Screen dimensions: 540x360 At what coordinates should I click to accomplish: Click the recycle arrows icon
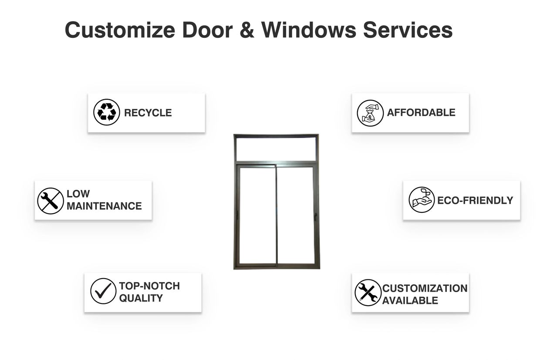click(x=107, y=112)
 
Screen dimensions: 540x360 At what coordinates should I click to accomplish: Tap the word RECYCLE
click(x=148, y=113)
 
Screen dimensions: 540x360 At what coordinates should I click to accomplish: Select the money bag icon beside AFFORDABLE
click(x=370, y=113)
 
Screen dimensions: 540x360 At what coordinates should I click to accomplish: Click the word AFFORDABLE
click(x=421, y=113)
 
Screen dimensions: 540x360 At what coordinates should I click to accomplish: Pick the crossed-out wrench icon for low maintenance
click(x=51, y=201)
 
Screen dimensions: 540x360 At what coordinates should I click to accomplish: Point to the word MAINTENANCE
click(x=104, y=206)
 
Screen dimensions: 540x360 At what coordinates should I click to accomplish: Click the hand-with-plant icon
click(x=422, y=200)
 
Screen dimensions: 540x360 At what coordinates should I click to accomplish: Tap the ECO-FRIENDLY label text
click(x=475, y=201)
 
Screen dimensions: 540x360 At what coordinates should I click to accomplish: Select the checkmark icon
click(x=103, y=291)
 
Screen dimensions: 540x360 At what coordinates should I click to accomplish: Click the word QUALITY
click(x=141, y=298)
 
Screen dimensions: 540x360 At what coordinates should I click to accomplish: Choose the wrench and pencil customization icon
click(x=368, y=293)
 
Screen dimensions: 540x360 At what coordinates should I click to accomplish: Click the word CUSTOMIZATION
click(x=425, y=288)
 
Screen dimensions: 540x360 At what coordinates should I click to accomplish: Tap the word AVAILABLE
click(x=410, y=300)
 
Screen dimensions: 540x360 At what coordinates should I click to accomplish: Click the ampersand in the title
click(x=247, y=30)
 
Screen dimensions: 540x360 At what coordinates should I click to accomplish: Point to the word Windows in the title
click(x=309, y=30)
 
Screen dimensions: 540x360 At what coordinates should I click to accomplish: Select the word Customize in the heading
click(x=120, y=30)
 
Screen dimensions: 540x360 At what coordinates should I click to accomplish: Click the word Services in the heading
click(x=408, y=30)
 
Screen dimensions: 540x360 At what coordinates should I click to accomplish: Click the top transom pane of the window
click(x=276, y=149)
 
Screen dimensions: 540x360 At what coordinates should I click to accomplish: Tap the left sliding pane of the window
click(x=257, y=215)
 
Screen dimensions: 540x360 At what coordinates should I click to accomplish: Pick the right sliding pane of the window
click(x=296, y=215)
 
